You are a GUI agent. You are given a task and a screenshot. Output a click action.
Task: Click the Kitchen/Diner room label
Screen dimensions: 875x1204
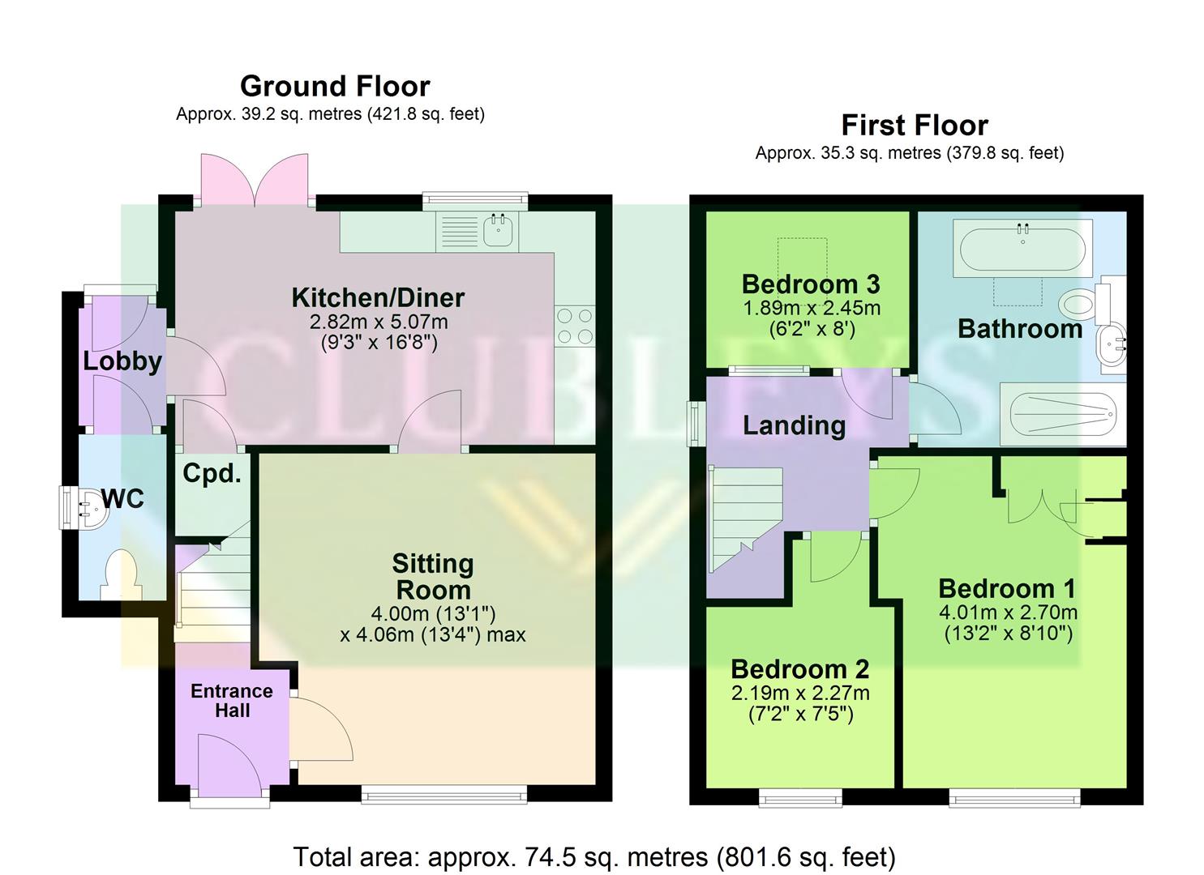click(x=378, y=297)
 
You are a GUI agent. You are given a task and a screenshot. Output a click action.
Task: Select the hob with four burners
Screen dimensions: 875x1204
click(x=574, y=326)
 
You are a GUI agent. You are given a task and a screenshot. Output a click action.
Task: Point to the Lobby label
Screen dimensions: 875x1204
click(x=122, y=361)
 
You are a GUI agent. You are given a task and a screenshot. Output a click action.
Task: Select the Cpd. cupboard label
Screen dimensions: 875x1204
click(x=212, y=473)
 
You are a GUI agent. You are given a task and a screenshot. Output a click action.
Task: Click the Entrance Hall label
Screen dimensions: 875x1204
click(x=232, y=701)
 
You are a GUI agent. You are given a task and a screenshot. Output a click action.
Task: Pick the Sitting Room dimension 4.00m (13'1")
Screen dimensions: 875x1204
click(x=433, y=613)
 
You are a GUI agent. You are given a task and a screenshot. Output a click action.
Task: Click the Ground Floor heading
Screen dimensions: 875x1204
click(x=335, y=86)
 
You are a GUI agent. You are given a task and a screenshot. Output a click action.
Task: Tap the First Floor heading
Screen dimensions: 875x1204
click(x=914, y=126)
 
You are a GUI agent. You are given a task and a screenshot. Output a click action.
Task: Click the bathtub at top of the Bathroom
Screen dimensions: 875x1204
click(x=1022, y=250)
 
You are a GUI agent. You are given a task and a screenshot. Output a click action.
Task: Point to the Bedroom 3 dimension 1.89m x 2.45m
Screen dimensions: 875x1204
click(x=811, y=309)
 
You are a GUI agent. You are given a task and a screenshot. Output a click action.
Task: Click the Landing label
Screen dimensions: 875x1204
click(x=794, y=425)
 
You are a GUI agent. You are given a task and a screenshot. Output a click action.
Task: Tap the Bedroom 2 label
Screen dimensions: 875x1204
click(x=799, y=669)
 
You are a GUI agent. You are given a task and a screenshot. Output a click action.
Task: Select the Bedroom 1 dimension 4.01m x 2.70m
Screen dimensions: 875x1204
click(x=1008, y=612)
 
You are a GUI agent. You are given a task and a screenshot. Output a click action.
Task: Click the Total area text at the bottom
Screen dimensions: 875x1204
click(x=593, y=856)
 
